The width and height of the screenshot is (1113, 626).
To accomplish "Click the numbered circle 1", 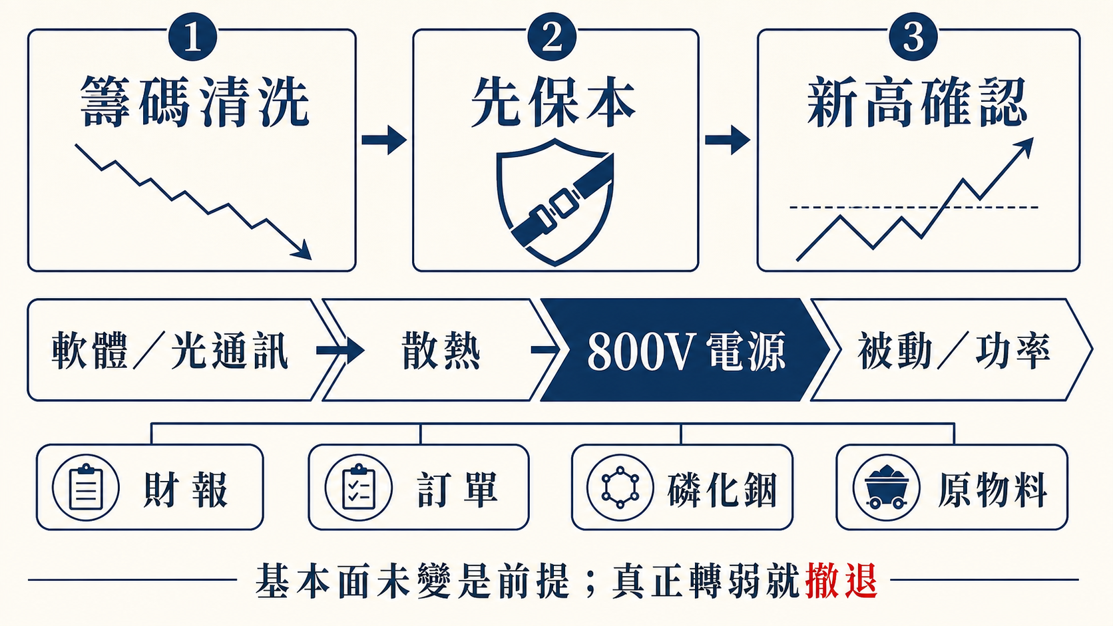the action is click(193, 37).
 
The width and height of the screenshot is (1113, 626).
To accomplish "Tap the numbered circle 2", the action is click(552, 37).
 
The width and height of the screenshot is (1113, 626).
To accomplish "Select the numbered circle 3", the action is click(913, 37).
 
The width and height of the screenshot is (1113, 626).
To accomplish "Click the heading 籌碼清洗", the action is click(195, 102).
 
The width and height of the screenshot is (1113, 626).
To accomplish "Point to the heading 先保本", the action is click(553, 102).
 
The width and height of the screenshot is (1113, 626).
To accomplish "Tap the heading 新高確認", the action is click(917, 102).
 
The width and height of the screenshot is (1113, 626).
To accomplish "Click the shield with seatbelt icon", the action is click(555, 202).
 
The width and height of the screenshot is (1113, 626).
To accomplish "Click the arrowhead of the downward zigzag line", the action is click(302, 249).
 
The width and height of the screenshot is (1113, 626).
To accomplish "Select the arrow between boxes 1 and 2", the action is click(384, 140).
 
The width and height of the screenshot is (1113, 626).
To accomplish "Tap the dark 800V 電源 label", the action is click(686, 351).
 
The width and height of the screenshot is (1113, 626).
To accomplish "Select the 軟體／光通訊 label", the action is click(170, 351).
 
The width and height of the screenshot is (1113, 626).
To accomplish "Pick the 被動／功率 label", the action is click(954, 351).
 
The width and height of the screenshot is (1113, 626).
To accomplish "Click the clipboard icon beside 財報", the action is click(86, 488).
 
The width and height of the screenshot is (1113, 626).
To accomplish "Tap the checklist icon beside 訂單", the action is click(358, 488).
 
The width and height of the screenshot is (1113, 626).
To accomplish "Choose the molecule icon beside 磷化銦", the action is click(620, 488).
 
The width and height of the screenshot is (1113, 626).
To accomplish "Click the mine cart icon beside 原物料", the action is click(887, 488).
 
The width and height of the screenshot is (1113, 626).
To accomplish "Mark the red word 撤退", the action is click(841, 580).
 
